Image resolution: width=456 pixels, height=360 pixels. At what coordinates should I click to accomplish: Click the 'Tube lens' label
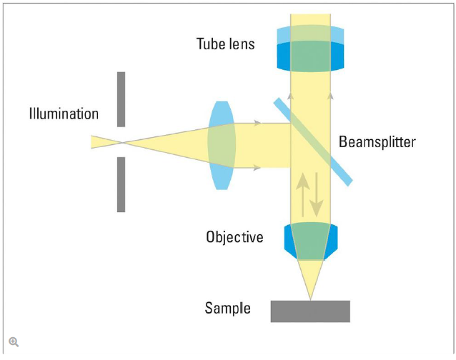[x=225, y=44]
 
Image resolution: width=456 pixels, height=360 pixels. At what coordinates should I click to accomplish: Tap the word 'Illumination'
[x=64, y=114]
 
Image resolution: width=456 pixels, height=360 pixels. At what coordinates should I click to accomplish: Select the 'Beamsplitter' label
[x=377, y=141]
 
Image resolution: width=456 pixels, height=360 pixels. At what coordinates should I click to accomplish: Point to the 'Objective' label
[x=234, y=236]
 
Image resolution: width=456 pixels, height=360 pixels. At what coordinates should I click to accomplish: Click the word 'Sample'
[x=227, y=309]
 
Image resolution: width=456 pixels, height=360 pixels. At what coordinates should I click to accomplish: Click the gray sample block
[x=310, y=311]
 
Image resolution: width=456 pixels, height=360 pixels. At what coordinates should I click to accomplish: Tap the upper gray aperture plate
[x=122, y=99]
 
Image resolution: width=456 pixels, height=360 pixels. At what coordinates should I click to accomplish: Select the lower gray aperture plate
[x=122, y=184]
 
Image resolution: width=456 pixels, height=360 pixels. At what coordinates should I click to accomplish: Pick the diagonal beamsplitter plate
[x=312, y=141]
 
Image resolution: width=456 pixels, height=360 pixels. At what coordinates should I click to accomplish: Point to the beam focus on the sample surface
[x=310, y=299]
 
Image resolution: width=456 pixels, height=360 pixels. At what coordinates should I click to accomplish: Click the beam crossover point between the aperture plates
[x=122, y=142]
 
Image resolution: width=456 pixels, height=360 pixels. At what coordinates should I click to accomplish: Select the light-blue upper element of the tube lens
[x=309, y=34]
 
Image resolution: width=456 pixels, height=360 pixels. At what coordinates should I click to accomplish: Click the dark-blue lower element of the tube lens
[x=309, y=57]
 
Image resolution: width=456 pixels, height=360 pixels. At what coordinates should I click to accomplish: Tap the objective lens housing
[x=309, y=241]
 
